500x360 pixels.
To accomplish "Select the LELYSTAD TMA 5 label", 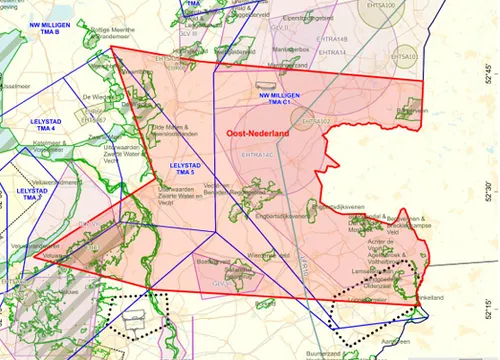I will tap(187, 170).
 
